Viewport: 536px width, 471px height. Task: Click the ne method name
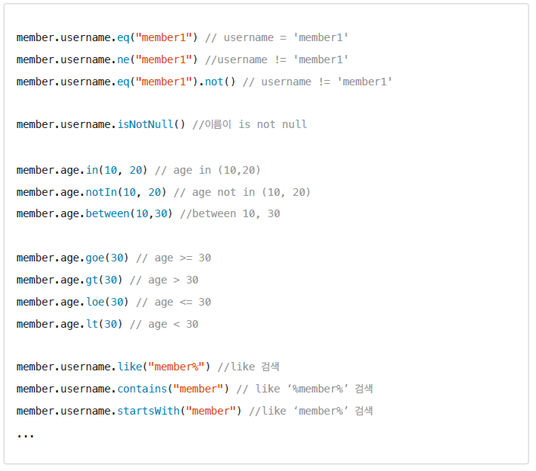[x=123, y=59]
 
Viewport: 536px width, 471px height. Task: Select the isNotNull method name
[x=145, y=124]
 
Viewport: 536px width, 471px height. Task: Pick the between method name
[x=107, y=214]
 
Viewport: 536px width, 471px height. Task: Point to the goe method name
[x=95, y=258]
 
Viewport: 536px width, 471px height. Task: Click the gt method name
[x=92, y=280]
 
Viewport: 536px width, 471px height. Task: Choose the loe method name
[x=95, y=302]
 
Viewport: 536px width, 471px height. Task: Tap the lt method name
[x=92, y=324]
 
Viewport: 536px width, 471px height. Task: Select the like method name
[x=129, y=367]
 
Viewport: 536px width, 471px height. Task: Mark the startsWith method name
[x=148, y=411]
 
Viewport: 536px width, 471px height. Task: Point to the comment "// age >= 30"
[x=173, y=258]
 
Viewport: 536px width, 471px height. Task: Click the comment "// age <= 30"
[x=173, y=302]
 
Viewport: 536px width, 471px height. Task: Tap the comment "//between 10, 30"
[x=230, y=214]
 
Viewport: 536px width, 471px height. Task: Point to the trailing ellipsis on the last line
[x=25, y=434]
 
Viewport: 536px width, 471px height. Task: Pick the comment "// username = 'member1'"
[x=276, y=37]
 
